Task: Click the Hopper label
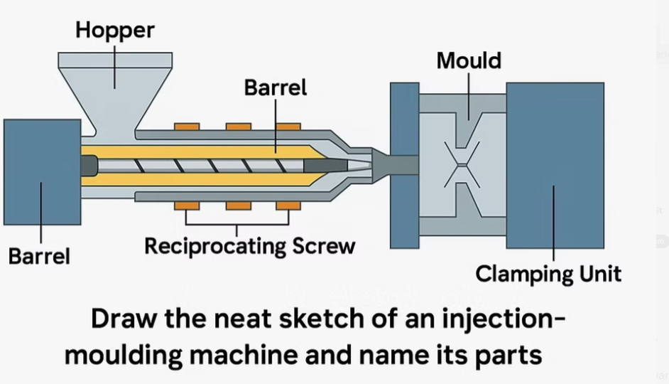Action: (114, 31)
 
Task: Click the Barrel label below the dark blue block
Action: (39, 255)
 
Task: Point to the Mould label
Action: (468, 61)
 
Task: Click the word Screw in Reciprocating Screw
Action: (323, 247)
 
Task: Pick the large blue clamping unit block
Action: (555, 165)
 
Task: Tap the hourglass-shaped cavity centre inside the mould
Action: (462, 165)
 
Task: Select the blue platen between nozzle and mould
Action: (404, 165)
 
